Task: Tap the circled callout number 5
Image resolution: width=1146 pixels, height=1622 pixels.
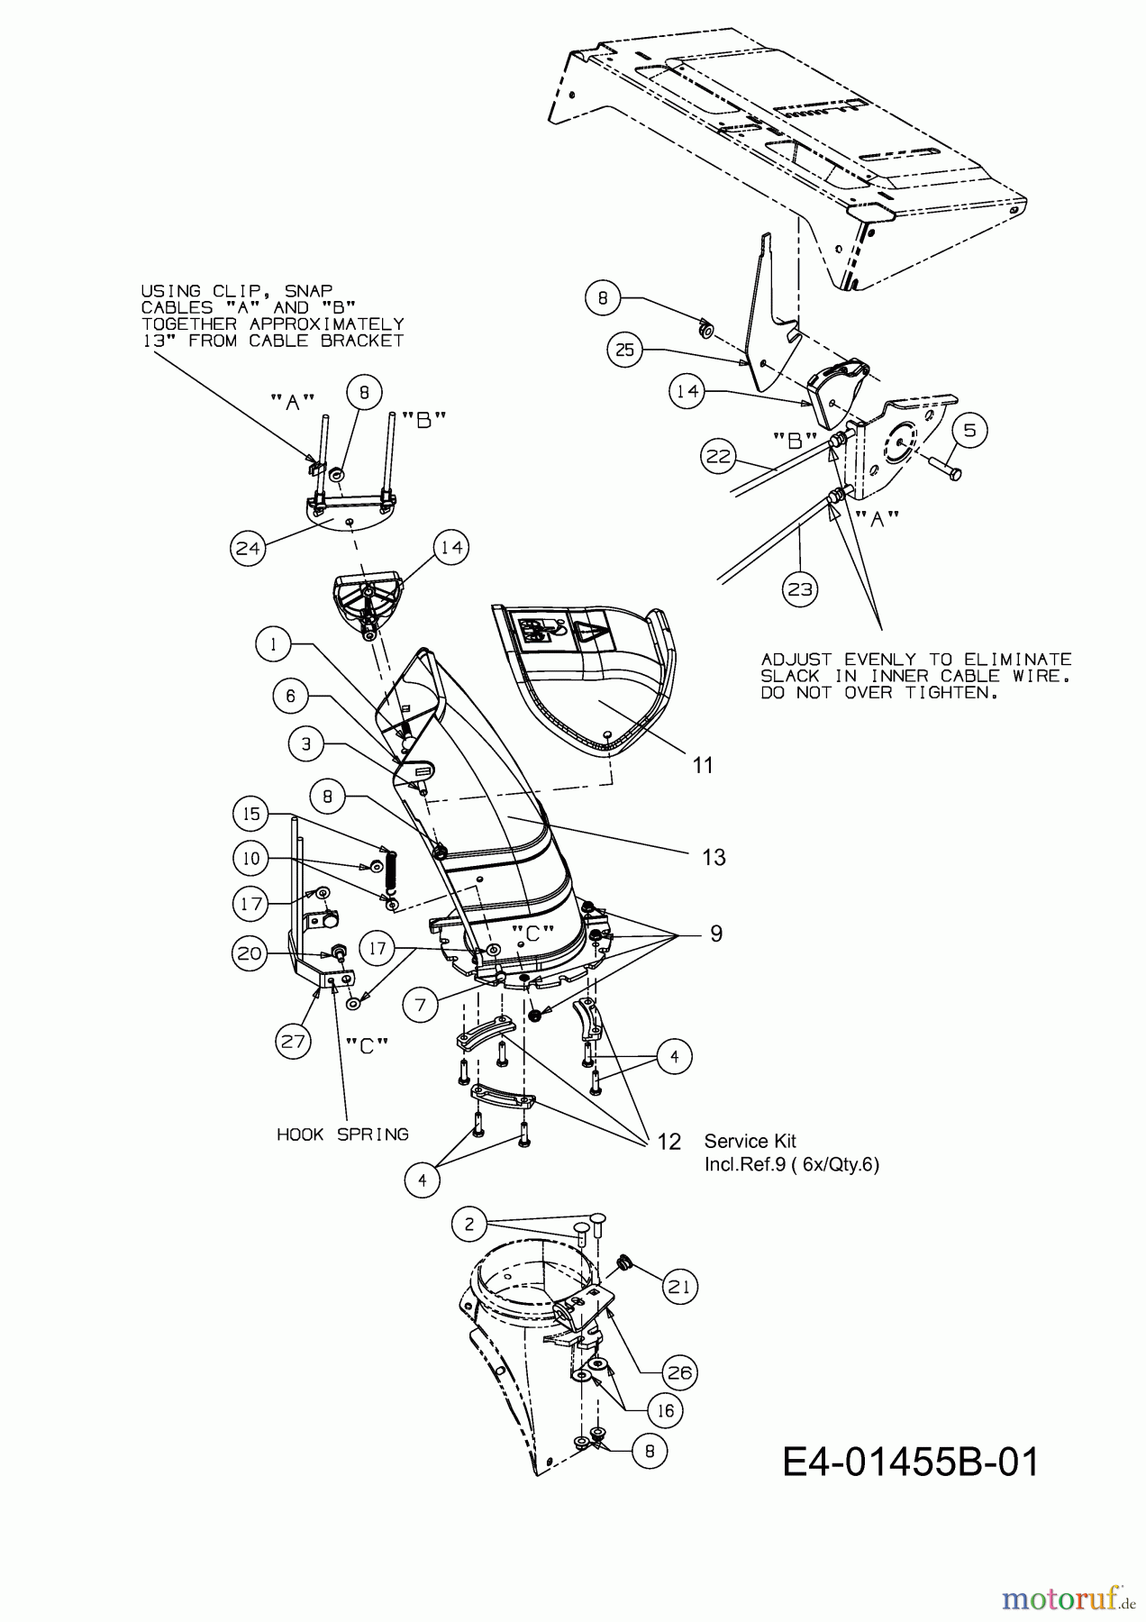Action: pyautogui.click(x=969, y=430)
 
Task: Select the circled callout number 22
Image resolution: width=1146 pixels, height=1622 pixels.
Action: pyautogui.click(x=719, y=457)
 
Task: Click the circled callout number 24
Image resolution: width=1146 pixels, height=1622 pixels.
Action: pyautogui.click(x=249, y=547)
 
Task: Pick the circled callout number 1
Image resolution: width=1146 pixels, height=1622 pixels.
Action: pyautogui.click(x=274, y=644)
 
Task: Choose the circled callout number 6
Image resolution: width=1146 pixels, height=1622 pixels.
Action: pyautogui.click(x=291, y=696)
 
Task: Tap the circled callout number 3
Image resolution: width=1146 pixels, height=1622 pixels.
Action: pyautogui.click(x=307, y=743)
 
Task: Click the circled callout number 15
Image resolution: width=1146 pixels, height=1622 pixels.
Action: pyautogui.click(x=252, y=814)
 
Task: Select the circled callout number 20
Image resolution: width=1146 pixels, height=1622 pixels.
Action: pyautogui.click(x=252, y=953)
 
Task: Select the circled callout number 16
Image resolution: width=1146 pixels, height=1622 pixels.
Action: pyautogui.click(x=665, y=1410)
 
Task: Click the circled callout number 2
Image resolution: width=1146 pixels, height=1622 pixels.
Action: pyautogui.click(x=468, y=1224)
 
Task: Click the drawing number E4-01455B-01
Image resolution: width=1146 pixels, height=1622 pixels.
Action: pyautogui.click(x=911, y=1462)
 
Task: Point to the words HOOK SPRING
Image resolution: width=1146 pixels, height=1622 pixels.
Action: pyautogui.click(x=342, y=1134)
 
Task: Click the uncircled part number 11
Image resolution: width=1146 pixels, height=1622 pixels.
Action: pyautogui.click(x=703, y=765)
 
